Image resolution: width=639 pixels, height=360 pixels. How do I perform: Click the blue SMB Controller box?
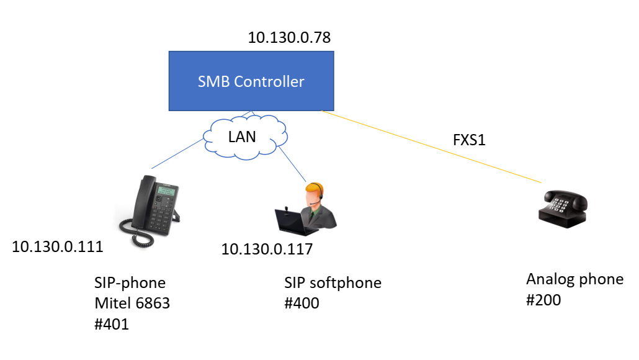251,81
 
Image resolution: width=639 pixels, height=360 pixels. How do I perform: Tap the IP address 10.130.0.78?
289,37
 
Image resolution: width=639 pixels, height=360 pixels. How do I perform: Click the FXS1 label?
469,140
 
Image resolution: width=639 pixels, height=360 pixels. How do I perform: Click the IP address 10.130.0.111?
57,247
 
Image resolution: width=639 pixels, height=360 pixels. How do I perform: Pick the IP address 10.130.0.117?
267,249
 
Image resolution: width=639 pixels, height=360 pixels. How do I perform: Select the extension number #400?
302,304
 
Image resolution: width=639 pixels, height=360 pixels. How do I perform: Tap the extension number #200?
543,300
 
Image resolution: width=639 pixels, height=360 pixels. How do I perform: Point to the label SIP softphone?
333,283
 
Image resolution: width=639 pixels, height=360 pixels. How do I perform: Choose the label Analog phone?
574,279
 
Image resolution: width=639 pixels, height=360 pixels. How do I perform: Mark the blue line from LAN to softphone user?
292,164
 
